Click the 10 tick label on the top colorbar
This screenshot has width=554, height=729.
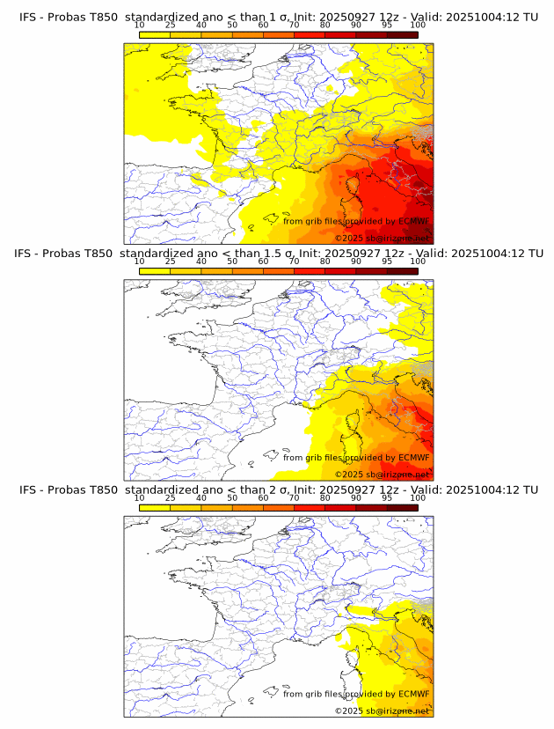(x=140, y=25)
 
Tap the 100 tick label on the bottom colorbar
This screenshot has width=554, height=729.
(x=418, y=498)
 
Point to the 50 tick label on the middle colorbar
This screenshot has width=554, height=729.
(x=232, y=261)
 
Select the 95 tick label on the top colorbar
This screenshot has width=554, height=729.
(x=387, y=25)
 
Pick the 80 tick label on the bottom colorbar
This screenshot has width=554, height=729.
(x=325, y=498)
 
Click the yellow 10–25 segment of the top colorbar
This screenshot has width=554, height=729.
(x=155, y=34)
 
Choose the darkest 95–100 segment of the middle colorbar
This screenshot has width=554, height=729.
(x=402, y=271)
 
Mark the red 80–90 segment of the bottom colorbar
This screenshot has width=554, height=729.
(x=340, y=508)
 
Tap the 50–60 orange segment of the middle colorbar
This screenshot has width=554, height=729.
(x=247, y=271)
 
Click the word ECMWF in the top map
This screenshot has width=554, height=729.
(x=413, y=221)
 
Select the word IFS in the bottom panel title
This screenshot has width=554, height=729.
(x=29, y=490)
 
